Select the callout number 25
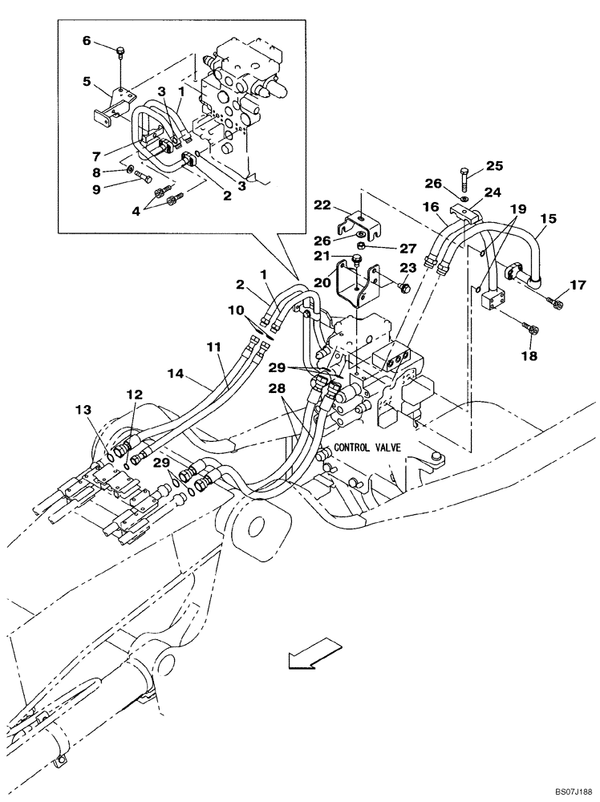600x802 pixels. pos(493,167)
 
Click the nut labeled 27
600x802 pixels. pos(361,246)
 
